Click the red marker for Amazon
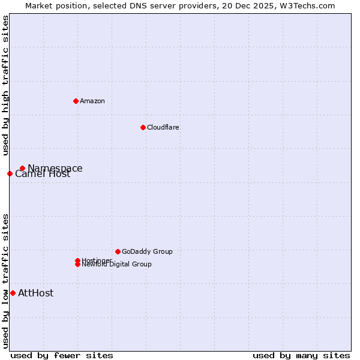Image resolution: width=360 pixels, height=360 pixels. [76, 101]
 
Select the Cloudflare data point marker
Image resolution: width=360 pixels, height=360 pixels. [143, 127]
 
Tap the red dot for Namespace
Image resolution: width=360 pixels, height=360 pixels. [22, 169]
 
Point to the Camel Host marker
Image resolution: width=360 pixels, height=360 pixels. [10, 174]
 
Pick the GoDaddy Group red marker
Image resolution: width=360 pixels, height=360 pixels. [118, 251]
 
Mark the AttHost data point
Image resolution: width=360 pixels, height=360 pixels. [13, 293]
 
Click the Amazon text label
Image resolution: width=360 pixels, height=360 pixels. [92, 101]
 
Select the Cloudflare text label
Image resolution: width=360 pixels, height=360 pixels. [163, 127]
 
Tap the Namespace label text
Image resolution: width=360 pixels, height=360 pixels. [55, 169]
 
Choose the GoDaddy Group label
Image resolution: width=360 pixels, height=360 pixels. [147, 251]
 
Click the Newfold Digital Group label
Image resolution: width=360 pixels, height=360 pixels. [117, 265]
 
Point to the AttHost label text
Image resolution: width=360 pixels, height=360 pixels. [36, 293]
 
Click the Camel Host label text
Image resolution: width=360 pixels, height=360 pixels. [43, 175]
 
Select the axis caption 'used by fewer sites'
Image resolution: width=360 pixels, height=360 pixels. [62, 356]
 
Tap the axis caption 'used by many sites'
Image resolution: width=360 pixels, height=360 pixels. [301, 356]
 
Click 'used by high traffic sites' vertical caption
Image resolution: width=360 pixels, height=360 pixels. [5, 85]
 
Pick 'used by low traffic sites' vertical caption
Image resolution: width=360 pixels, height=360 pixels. [5, 281]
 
